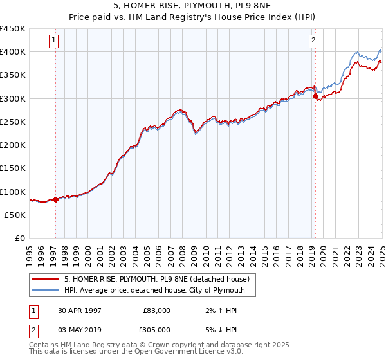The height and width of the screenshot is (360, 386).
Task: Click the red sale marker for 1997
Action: click(55, 199)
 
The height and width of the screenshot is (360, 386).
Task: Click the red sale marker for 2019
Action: click(315, 96)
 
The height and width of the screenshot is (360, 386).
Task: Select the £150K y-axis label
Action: click(13, 168)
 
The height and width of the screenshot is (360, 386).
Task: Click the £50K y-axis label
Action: click(15, 215)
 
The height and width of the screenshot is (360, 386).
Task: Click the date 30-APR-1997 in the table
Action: click(80, 310)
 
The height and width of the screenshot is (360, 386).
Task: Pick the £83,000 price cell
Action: click(156, 310)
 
